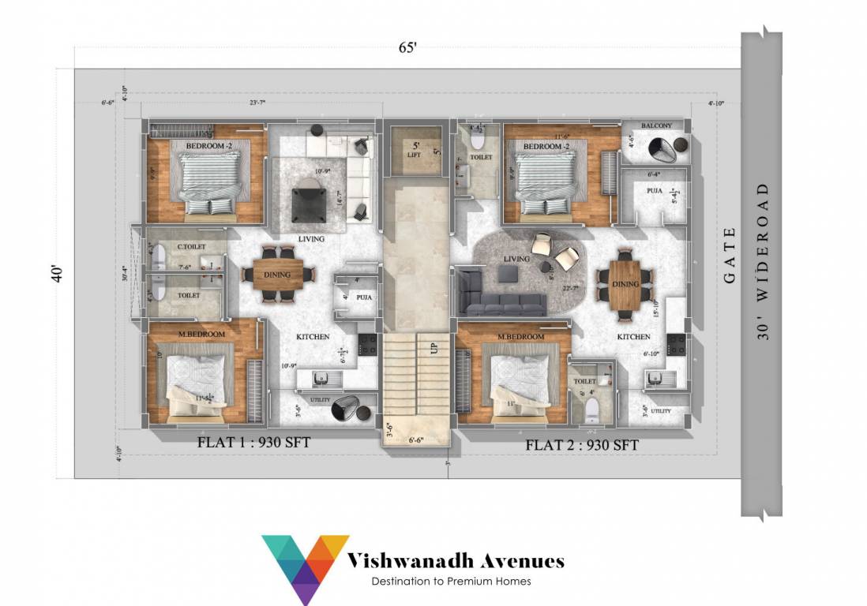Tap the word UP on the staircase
tap(433, 348)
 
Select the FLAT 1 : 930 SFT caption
tap(253, 443)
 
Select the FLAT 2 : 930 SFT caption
tap(582, 445)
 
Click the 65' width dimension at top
tap(407, 48)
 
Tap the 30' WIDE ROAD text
tap(763, 261)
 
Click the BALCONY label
tap(656, 125)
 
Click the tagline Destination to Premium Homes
tap(451, 582)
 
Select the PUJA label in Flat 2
tap(654, 190)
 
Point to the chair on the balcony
tap(665, 148)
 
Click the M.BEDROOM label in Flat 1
tap(202, 335)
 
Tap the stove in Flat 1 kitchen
tap(367, 344)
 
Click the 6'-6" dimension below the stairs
tap(417, 440)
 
